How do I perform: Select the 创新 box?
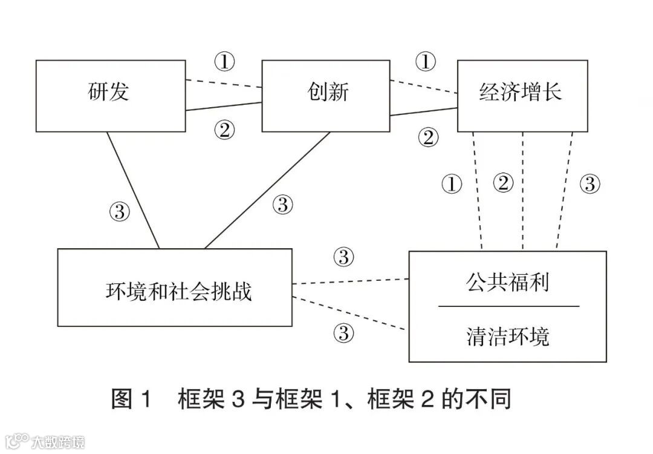(x=325, y=96)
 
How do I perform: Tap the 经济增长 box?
(x=522, y=96)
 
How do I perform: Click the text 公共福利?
(x=508, y=281)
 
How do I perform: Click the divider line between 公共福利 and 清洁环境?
(x=508, y=306)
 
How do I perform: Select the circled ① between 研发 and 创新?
(x=224, y=61)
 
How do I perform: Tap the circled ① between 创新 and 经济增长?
(x=425, y=61)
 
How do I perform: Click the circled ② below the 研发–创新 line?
(x=224, y=130)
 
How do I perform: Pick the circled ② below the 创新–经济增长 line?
(x=427, y=138)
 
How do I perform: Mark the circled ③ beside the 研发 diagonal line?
(x=120, y=211)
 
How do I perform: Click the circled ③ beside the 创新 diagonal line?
(x=282, y=205)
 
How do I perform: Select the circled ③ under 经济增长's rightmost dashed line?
(x=590, y=183)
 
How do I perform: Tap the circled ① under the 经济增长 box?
(x=452, y=183)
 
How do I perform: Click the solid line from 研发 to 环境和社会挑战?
(x=134, y=190)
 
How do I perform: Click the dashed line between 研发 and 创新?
(x=224, y=84)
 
